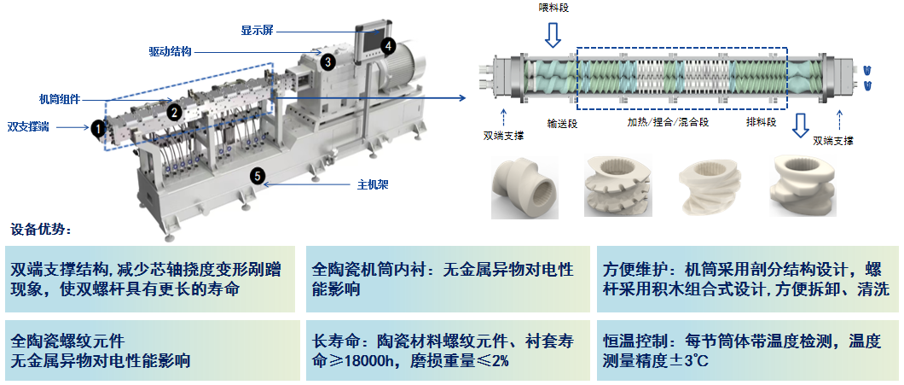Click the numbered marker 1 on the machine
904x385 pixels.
pyautogui.click(x=98, y=127)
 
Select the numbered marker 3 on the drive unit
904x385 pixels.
pyautogui.click(x=327, y=61)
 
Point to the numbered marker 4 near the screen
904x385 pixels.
pyautogui.click(x=388, y=45)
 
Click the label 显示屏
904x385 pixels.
pyautogui.click(x=258, y=30)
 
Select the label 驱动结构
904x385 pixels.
pyautogui.click(x=170, y=52)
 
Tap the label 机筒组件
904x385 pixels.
pyautogui.click(x=60, y=99)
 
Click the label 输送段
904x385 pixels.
pyautogui.click(x=562, y=123)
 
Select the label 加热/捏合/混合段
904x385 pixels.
pyautogui.click(x=668, y=123)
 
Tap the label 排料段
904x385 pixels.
pyautogui.click(x=761, y=122)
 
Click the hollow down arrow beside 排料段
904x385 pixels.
pyautogui.click(x=800, y=125)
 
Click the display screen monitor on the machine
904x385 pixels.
pyautogui.click(x=372, y=41)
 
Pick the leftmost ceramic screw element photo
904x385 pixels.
pyautogui.click(x=524, y=187)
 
